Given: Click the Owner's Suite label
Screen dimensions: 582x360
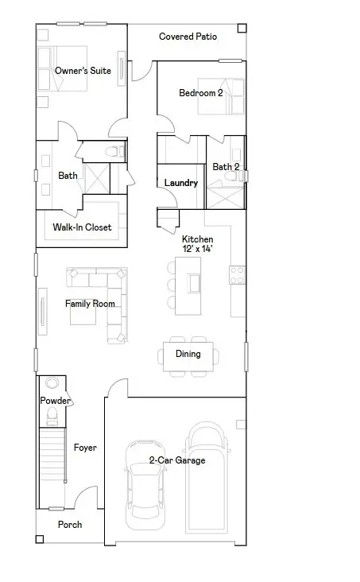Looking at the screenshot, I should click(83, 71).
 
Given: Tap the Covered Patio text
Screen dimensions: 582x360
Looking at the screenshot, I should click(188, 37).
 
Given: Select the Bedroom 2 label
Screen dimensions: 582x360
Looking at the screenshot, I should click(200, 93).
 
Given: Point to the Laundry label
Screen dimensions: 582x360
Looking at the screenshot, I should click(180, 183).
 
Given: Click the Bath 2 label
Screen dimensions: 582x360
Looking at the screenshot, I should click(226, 167).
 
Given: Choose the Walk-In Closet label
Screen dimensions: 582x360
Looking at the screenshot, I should click(83, 227).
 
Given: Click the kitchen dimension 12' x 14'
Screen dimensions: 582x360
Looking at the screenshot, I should click(197, 249).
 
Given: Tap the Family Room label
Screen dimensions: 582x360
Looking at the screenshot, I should click(90, 304).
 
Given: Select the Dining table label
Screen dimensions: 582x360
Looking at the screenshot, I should click(188, 354).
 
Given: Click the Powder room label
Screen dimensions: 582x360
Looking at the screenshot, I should click(55, 401).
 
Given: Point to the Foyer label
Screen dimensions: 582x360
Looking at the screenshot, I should click(85, 448).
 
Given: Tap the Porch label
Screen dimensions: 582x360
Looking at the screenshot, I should click(69, 524).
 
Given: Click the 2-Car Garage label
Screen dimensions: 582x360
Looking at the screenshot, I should click(176, 460).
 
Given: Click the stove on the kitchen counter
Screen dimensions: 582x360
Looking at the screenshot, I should click(237, 274).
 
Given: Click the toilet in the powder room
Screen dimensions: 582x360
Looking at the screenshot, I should click(52, 417).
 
